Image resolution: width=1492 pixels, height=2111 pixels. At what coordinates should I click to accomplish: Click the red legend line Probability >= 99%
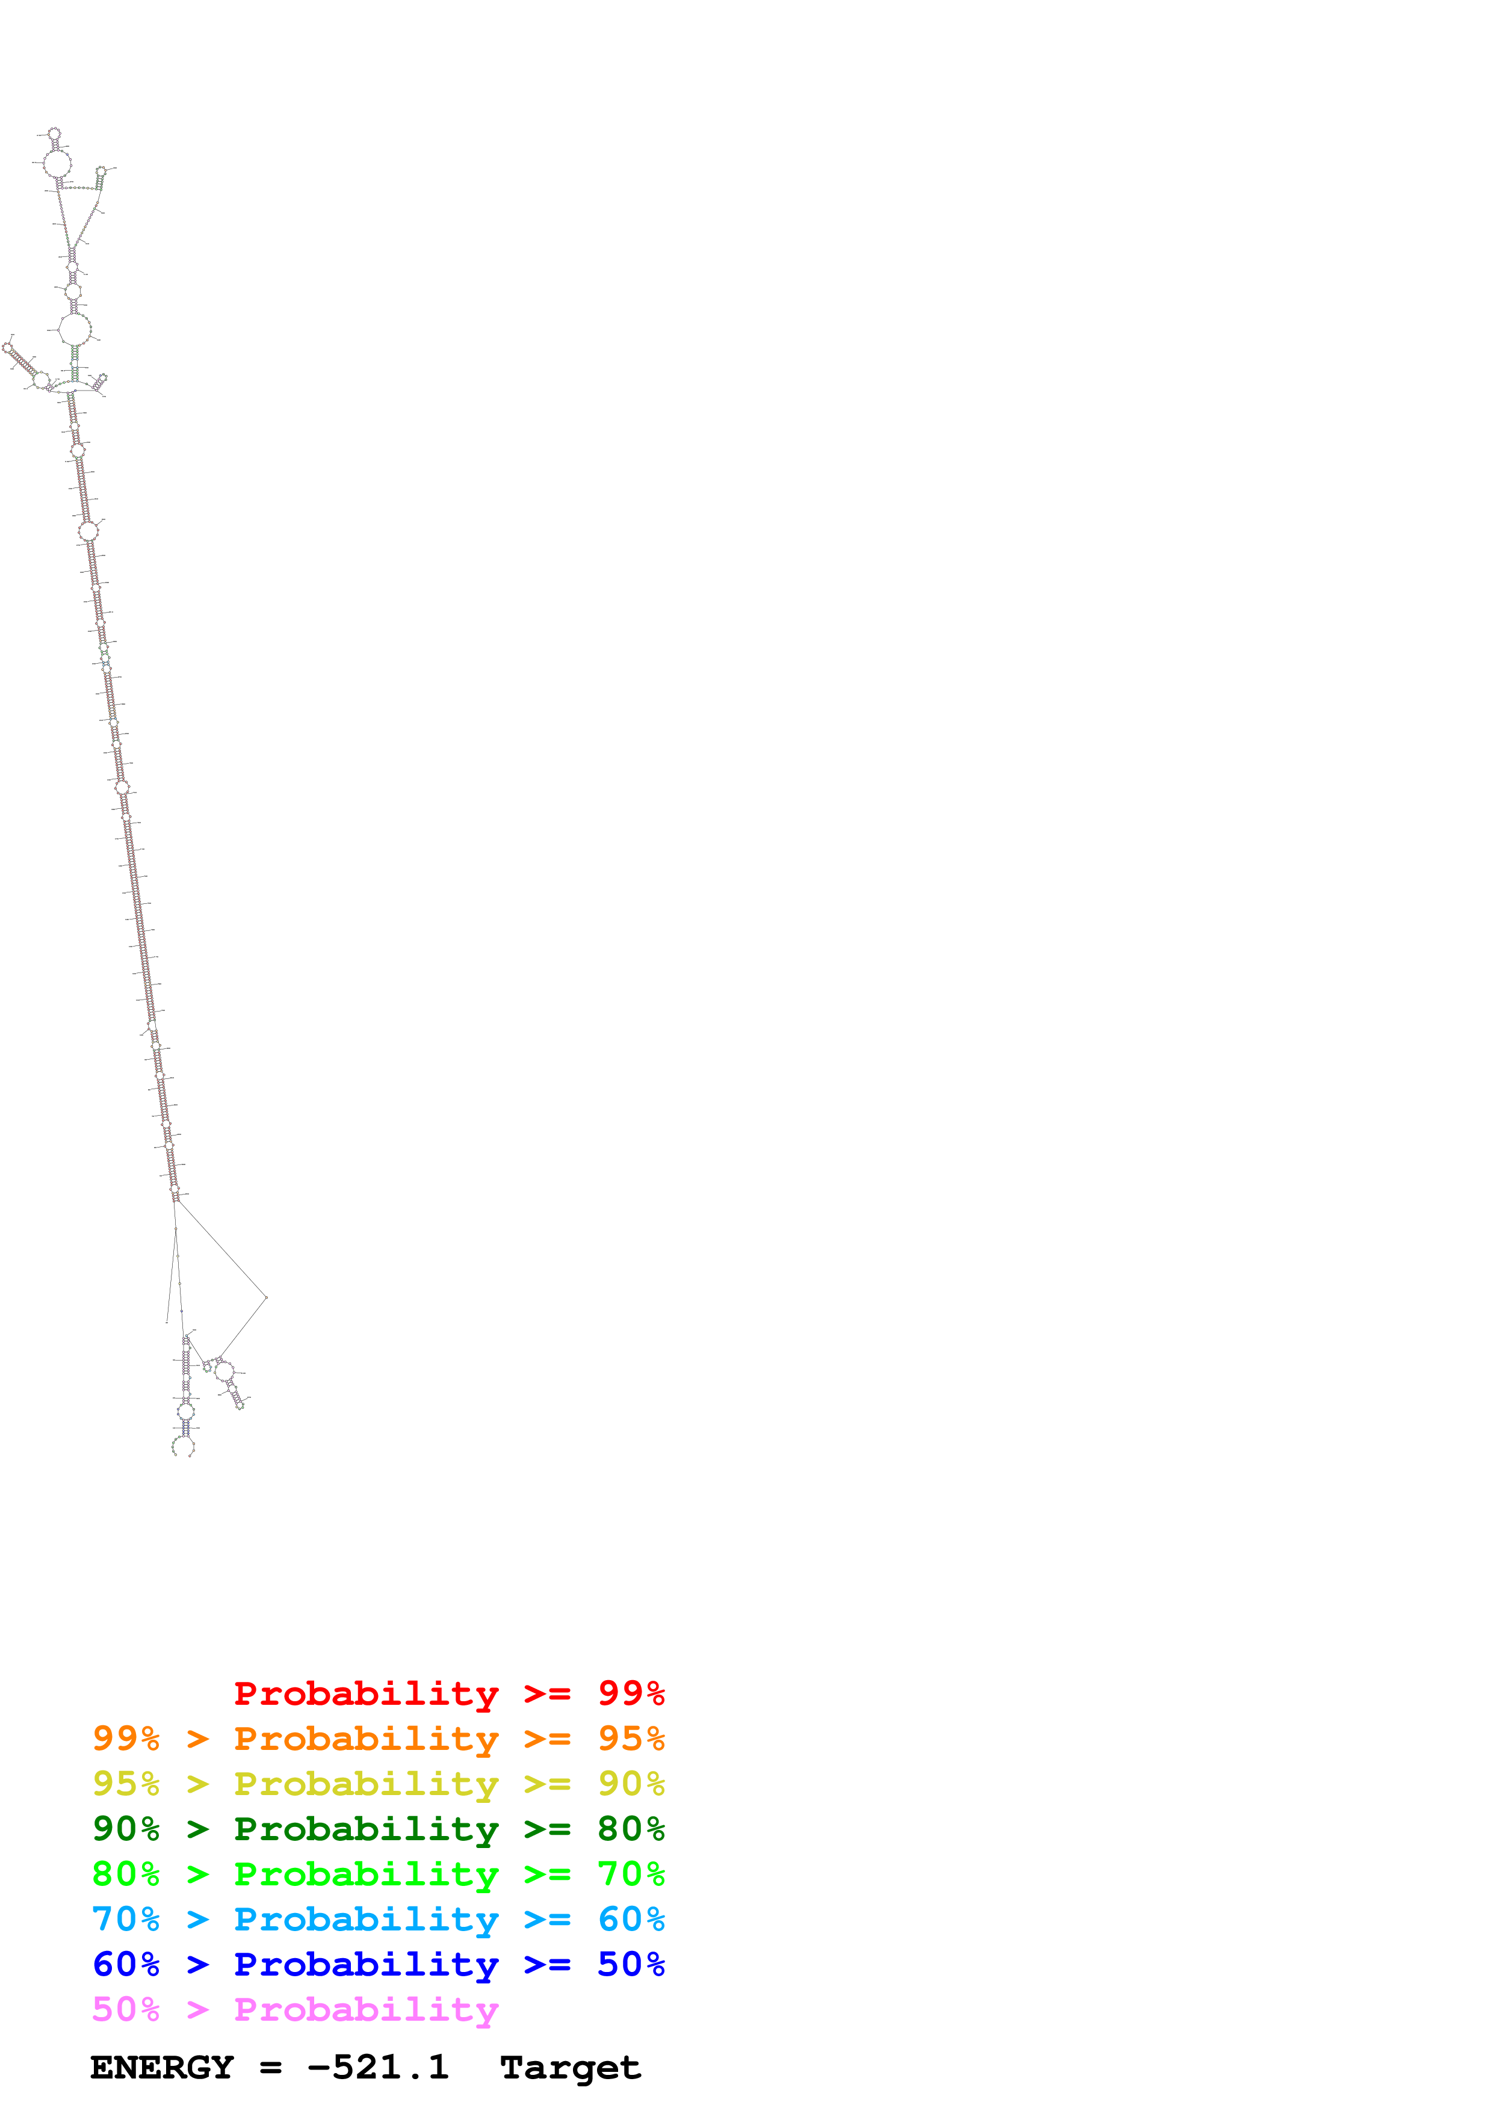pos(448,1693)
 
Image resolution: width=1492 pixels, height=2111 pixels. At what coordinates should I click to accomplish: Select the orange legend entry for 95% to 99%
pos(378,1739)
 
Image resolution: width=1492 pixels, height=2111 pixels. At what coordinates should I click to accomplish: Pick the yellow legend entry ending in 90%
pos(378,1784)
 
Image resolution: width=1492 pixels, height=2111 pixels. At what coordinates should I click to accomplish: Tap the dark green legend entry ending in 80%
pos(378,1829)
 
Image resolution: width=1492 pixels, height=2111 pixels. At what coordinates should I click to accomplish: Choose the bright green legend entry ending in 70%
pos(378,1874)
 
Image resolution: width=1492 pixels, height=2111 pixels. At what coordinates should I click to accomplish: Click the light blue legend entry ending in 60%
pos(378,1919)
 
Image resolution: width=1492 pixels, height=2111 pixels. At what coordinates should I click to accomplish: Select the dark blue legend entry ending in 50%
pos(378,1964)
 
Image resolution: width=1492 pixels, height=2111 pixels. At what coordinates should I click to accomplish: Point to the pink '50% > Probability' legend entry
pos(295,2009)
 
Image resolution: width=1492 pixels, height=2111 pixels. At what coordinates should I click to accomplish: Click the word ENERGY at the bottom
pos(162,2068)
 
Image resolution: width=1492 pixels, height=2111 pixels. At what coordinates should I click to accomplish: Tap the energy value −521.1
pos(378,2068)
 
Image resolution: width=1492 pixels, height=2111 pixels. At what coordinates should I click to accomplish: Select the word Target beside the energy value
pos(570,2068)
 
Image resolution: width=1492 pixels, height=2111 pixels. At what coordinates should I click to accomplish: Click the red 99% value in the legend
pos(631,1693)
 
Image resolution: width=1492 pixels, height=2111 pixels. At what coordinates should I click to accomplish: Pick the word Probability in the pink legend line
pos(366,2009)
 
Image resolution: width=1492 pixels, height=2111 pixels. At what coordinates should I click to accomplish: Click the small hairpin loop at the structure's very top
pos(54,134)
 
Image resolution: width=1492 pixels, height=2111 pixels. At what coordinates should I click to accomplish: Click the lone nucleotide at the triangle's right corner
pos(267,1297)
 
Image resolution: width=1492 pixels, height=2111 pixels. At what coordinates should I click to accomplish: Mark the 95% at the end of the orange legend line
pos(631,1739)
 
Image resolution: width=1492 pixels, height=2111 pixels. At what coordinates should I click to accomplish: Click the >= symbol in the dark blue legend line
pos(547,1964)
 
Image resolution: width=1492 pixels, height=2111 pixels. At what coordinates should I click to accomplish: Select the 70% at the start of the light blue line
pos(126,1919)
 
